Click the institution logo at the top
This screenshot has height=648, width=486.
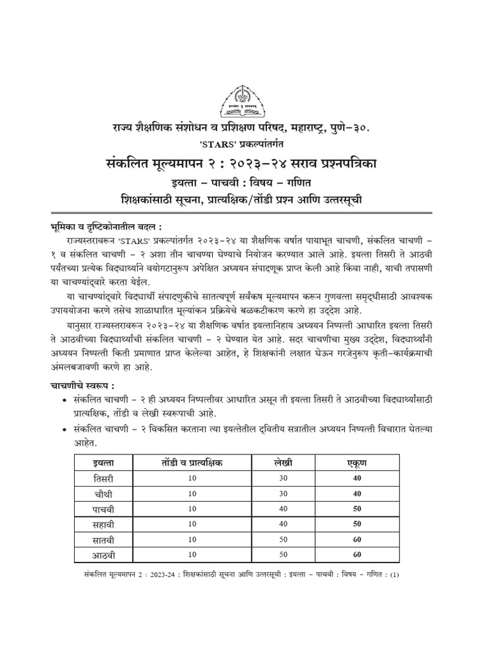[243, 101]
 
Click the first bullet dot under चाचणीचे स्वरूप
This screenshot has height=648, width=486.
[66, 401]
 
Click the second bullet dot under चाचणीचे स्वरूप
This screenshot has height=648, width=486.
[66, 429]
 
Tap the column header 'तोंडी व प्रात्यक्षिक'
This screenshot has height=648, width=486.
[193, 463]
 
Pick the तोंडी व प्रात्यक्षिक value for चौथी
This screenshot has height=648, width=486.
[193, 494]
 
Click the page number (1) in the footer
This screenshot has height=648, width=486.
[396, 575]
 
